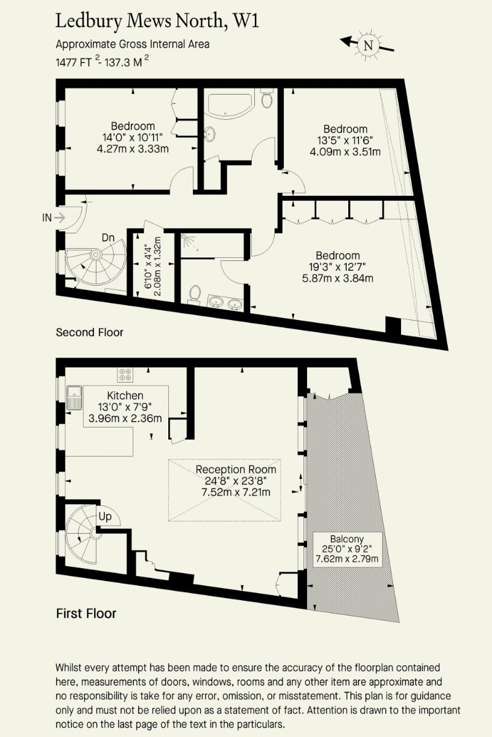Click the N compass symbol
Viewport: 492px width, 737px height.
pyautogui.click(x=367, y=45)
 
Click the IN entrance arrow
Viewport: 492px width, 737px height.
pyautogui.click(x=60, y=217)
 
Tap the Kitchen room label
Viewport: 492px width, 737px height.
pyautogui.click(x=125, y=395)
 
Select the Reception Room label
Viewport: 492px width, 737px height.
pyautogui.click(x=236, y=469)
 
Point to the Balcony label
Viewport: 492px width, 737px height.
pyautogui.click(x=347, y=539)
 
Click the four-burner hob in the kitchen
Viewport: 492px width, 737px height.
pyautogui.click(x=125, y=375)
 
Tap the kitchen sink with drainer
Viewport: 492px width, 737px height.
pyautogui.click(x=74, y=398)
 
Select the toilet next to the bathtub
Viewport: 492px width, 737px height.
pyautogui.click(x=267, y=98)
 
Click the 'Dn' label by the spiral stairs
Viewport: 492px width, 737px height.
pyautogui.click(x=108, y=237)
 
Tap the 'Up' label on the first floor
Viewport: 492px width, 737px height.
pyautogui.click(x=105, y=517)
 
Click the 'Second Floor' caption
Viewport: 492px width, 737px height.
pyautogui.click(x=90, y=332)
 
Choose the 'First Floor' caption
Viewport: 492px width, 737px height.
pyautogui.click(x=86, y=614)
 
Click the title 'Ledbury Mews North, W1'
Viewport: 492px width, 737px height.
pyautogui.click(x=157, y=21)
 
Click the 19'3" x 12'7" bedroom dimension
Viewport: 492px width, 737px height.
pyautogui.click(x=338, y=266)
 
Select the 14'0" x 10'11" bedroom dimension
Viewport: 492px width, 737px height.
pyautogui.click(x=133, y=137)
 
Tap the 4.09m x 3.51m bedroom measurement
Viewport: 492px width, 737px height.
pyautogui.click(x=345, y=152)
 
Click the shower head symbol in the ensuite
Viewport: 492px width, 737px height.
pyautogui.click(x=187, y=238)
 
